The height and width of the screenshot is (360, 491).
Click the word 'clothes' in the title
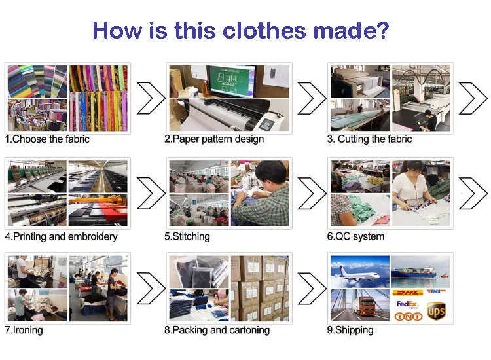pyautogui.click(x=264, y=31)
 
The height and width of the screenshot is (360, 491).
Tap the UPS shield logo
pyautogui.click(x=436, y=311)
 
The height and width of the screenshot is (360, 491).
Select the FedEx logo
pyautogui.click(x=407, y=304)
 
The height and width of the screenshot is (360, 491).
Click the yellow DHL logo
pyautogui.click(x=407, y=293)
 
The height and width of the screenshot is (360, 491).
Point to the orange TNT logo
pyautogui.click(x=409, y=317)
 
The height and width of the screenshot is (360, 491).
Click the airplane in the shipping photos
pyautogui.click(x=357, y=274)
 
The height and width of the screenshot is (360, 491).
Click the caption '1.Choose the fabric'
pyautogui.click(x=47, y=139)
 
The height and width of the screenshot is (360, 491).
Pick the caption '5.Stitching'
pyautogui.click(x=187, y=236)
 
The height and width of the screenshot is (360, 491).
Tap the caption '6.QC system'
pyautogui.click(x=355, y=236)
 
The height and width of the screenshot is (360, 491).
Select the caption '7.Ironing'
pyautogui.click(x=24, y=330)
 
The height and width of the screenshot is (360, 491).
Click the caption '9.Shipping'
pyautogui.click(x=350, y=330)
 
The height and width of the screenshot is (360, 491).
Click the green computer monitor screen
pyautogui.click(x=232, y=81)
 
